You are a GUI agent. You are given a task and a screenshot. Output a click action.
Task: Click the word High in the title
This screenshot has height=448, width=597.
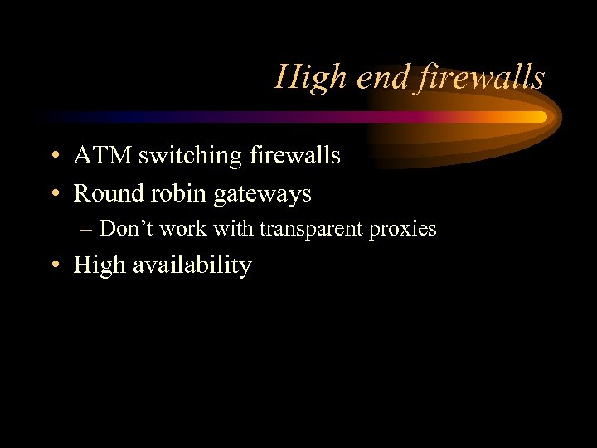(x=304, y=78)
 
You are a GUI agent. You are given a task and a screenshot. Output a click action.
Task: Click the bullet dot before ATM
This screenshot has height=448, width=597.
(x=54, y=156)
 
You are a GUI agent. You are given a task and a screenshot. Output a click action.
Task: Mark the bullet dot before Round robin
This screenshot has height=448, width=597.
(x=54, y=194)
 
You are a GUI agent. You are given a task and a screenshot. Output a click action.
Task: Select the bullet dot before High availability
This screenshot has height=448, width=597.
(x=54, y=265)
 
